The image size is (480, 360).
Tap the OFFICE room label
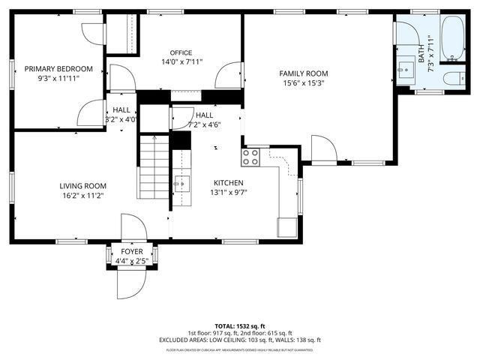tap(181, 52)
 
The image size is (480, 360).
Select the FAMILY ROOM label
tap(304, 73)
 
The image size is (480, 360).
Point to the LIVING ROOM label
tap(82, 186)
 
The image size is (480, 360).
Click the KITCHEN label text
tap(228, 183)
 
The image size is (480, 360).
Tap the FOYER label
tap(131, 252)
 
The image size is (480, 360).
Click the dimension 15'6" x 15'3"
tap(304, 82)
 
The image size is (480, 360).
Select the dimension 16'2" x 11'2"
tap(82, 196)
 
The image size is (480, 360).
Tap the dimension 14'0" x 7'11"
tap(181, 62)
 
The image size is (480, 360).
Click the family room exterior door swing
tap(323, 149)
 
